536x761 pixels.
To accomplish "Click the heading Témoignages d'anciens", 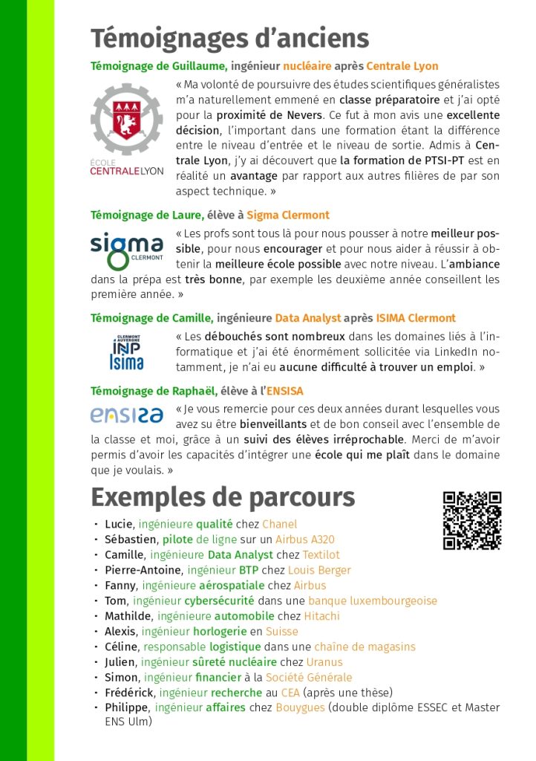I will coord(229,38).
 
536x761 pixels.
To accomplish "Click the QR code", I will coord(472,520).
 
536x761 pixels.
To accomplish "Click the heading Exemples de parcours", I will coord(223,496).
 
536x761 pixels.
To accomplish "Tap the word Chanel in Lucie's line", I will coord(279,524).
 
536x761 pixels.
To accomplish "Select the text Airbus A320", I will coord(304,540).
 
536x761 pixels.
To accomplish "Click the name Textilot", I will coord(321,555).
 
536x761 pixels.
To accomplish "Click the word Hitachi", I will coord(321,616).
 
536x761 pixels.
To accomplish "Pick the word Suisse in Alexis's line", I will coord(283,631).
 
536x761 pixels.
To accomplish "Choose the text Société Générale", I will coord(310,677).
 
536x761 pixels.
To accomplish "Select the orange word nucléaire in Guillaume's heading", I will coord(307,66).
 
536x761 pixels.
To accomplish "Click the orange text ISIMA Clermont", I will coord(416,318).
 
